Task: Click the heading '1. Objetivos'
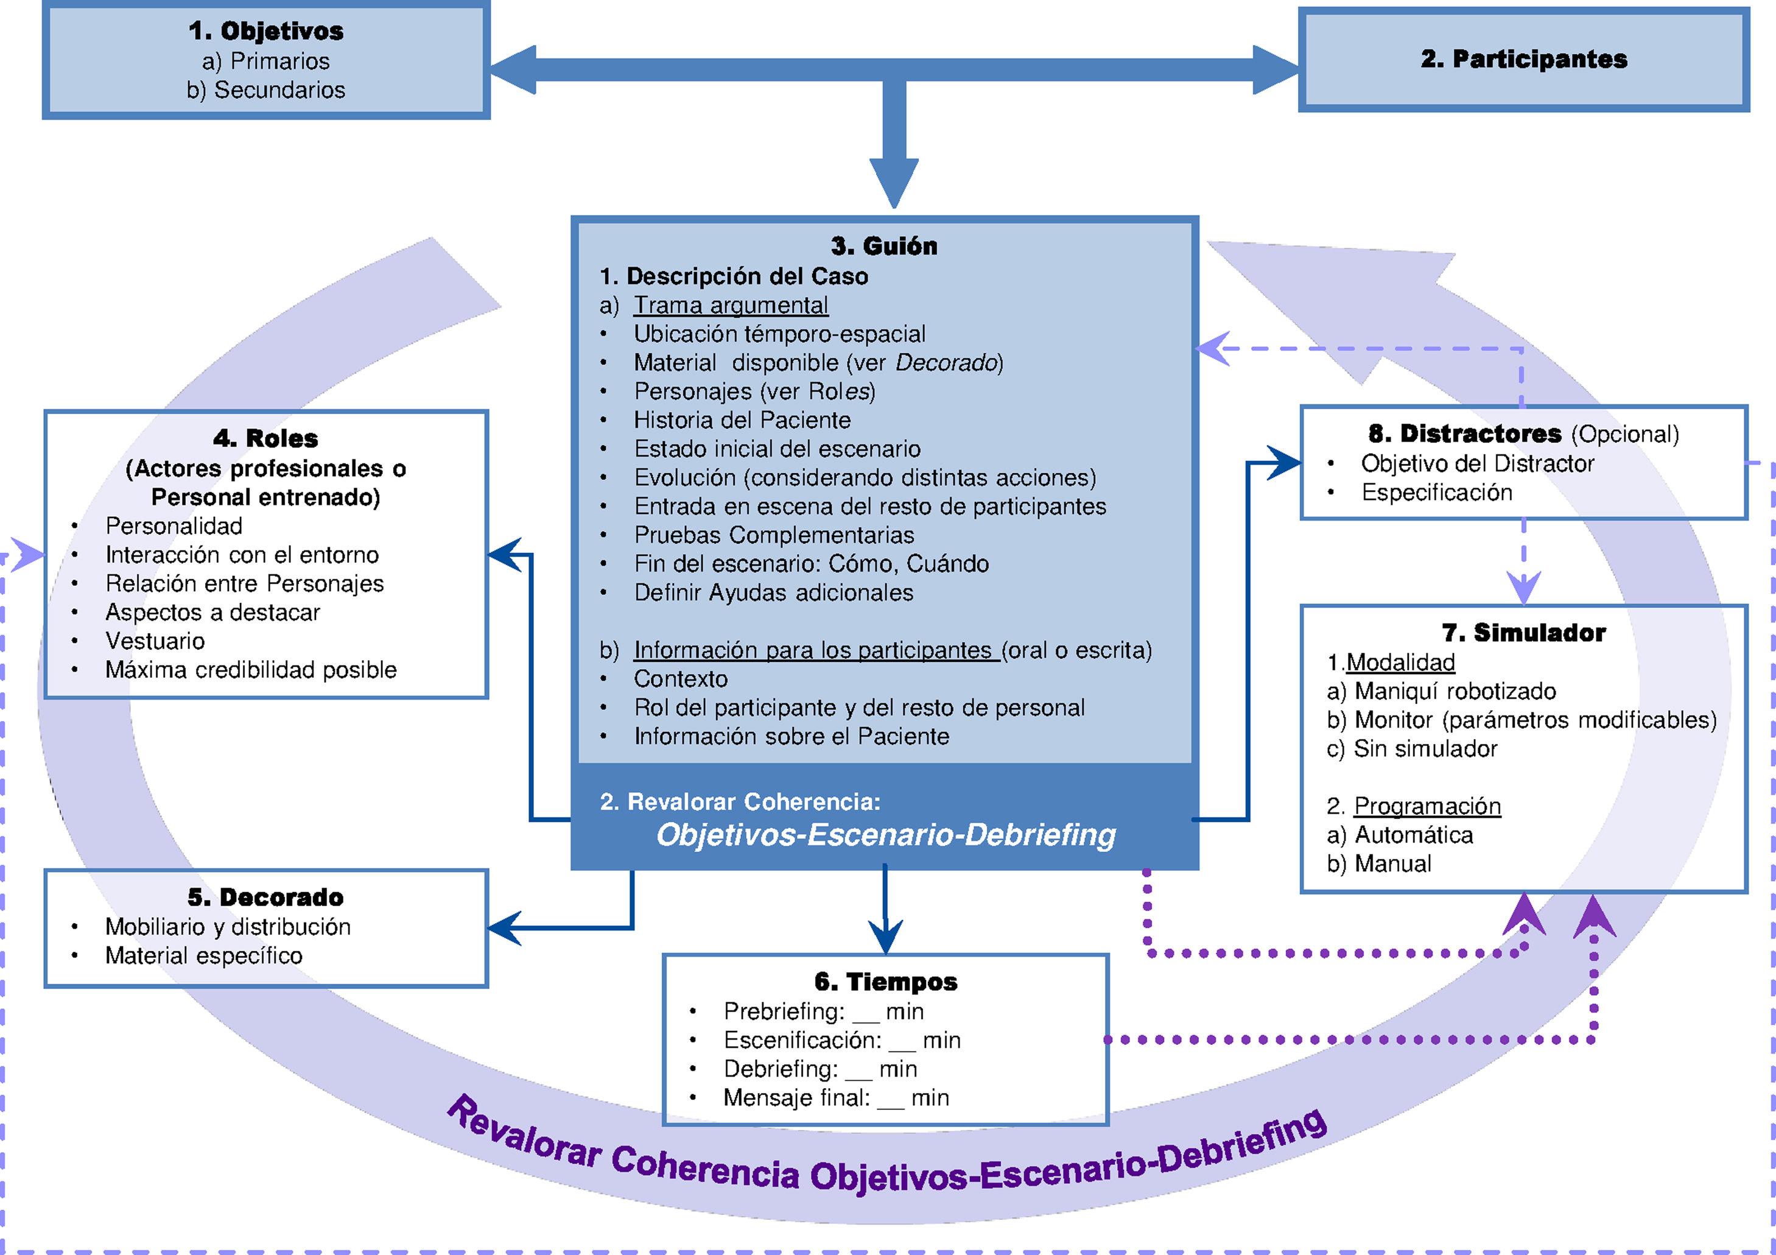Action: coord(265,31)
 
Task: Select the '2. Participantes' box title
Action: coord(1523,59)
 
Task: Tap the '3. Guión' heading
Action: coord(884,246)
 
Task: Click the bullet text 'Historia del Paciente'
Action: coord(742,420)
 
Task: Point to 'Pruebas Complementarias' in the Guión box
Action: coord(773,535)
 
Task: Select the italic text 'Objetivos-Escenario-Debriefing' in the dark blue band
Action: coord(886,835)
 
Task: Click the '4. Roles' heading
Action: coord(265,438)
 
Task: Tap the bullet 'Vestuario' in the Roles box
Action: coord(155,641)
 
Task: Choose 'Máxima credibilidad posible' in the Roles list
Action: coord(251,669)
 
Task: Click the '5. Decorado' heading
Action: coord(265,898)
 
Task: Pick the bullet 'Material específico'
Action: coord(203,955)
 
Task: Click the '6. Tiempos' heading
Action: coord(886,982)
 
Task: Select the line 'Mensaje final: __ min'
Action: coord(835,1097)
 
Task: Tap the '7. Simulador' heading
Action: coord(1523,633)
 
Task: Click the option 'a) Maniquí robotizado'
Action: coord(1441,691)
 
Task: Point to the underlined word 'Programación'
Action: coord(1427,806)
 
